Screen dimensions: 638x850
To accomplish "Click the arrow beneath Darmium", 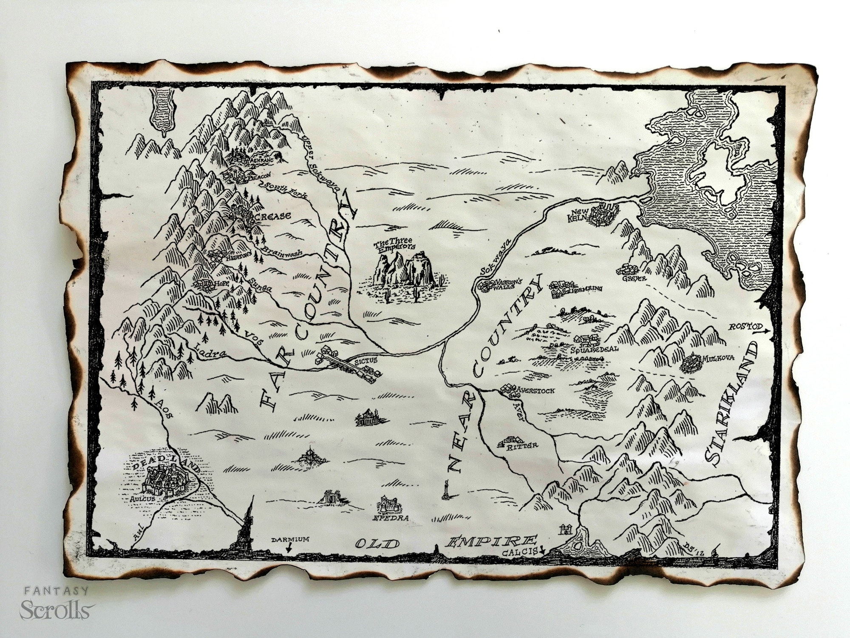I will point(289,549).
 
